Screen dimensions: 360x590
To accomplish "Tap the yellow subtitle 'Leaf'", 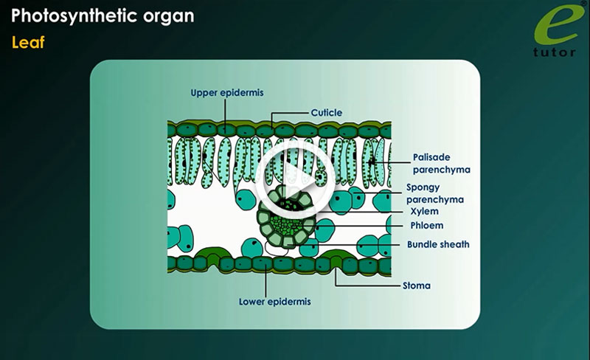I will tap(28, 43).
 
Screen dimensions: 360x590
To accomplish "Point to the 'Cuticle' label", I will tap(324, 113).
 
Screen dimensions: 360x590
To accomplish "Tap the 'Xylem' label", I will tap(423, 212).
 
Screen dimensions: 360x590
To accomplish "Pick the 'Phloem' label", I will tap(427, 226).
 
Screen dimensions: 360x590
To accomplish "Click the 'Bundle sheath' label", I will tap(438, 244).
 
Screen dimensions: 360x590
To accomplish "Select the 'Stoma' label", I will tap(416, 285).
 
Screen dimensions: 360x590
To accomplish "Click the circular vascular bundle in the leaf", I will tap(283, 218).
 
